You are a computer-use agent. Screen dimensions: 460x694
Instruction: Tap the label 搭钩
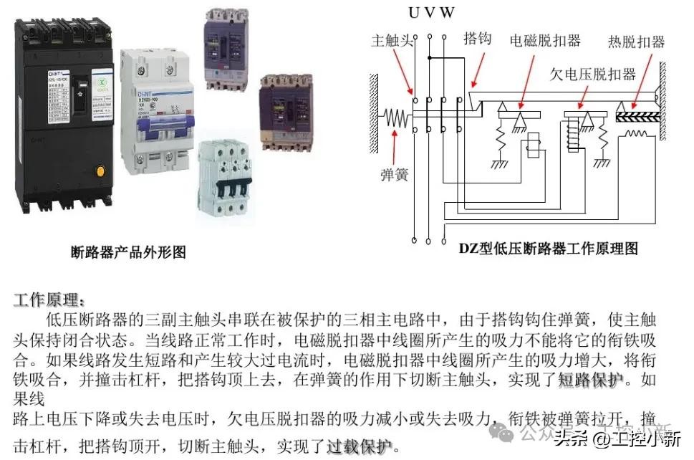point(478,38)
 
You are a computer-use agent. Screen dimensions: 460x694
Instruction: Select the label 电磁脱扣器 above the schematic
point(544,40)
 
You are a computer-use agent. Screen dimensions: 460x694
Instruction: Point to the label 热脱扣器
point(636,41)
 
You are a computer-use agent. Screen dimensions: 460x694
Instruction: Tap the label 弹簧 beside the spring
point(393,174)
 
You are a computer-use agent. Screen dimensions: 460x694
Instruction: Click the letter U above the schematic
point(414,12)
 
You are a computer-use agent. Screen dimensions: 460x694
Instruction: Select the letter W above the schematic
point(447,12)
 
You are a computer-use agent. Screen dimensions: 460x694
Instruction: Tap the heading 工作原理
point(49,300)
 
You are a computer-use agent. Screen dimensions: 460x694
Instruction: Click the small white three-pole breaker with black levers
point(226,176)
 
